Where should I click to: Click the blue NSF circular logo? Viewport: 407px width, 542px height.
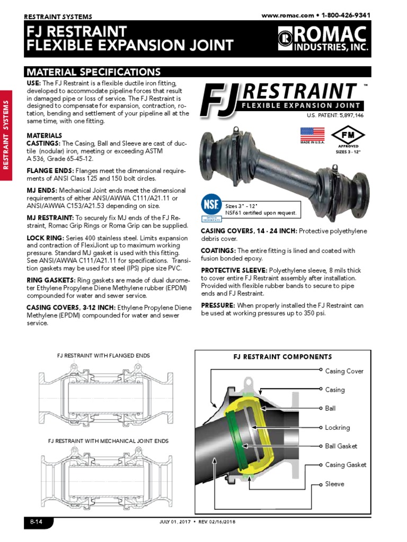point(210,204)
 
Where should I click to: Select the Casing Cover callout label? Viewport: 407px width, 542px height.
point(344,371)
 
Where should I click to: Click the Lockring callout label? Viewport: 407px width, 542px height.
point(337,428)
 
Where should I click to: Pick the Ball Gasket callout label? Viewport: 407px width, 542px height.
point(341,446)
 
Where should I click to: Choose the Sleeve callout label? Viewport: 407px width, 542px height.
point(334,484)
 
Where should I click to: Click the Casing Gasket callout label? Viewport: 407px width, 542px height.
point(346,465)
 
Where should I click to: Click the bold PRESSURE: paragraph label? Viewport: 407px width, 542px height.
point(217,305)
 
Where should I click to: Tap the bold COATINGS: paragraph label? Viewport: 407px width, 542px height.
point(218,251)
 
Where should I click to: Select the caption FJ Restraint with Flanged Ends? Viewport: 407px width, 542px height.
point(103,355)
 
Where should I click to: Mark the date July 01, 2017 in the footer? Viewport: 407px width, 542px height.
point(176,522)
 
